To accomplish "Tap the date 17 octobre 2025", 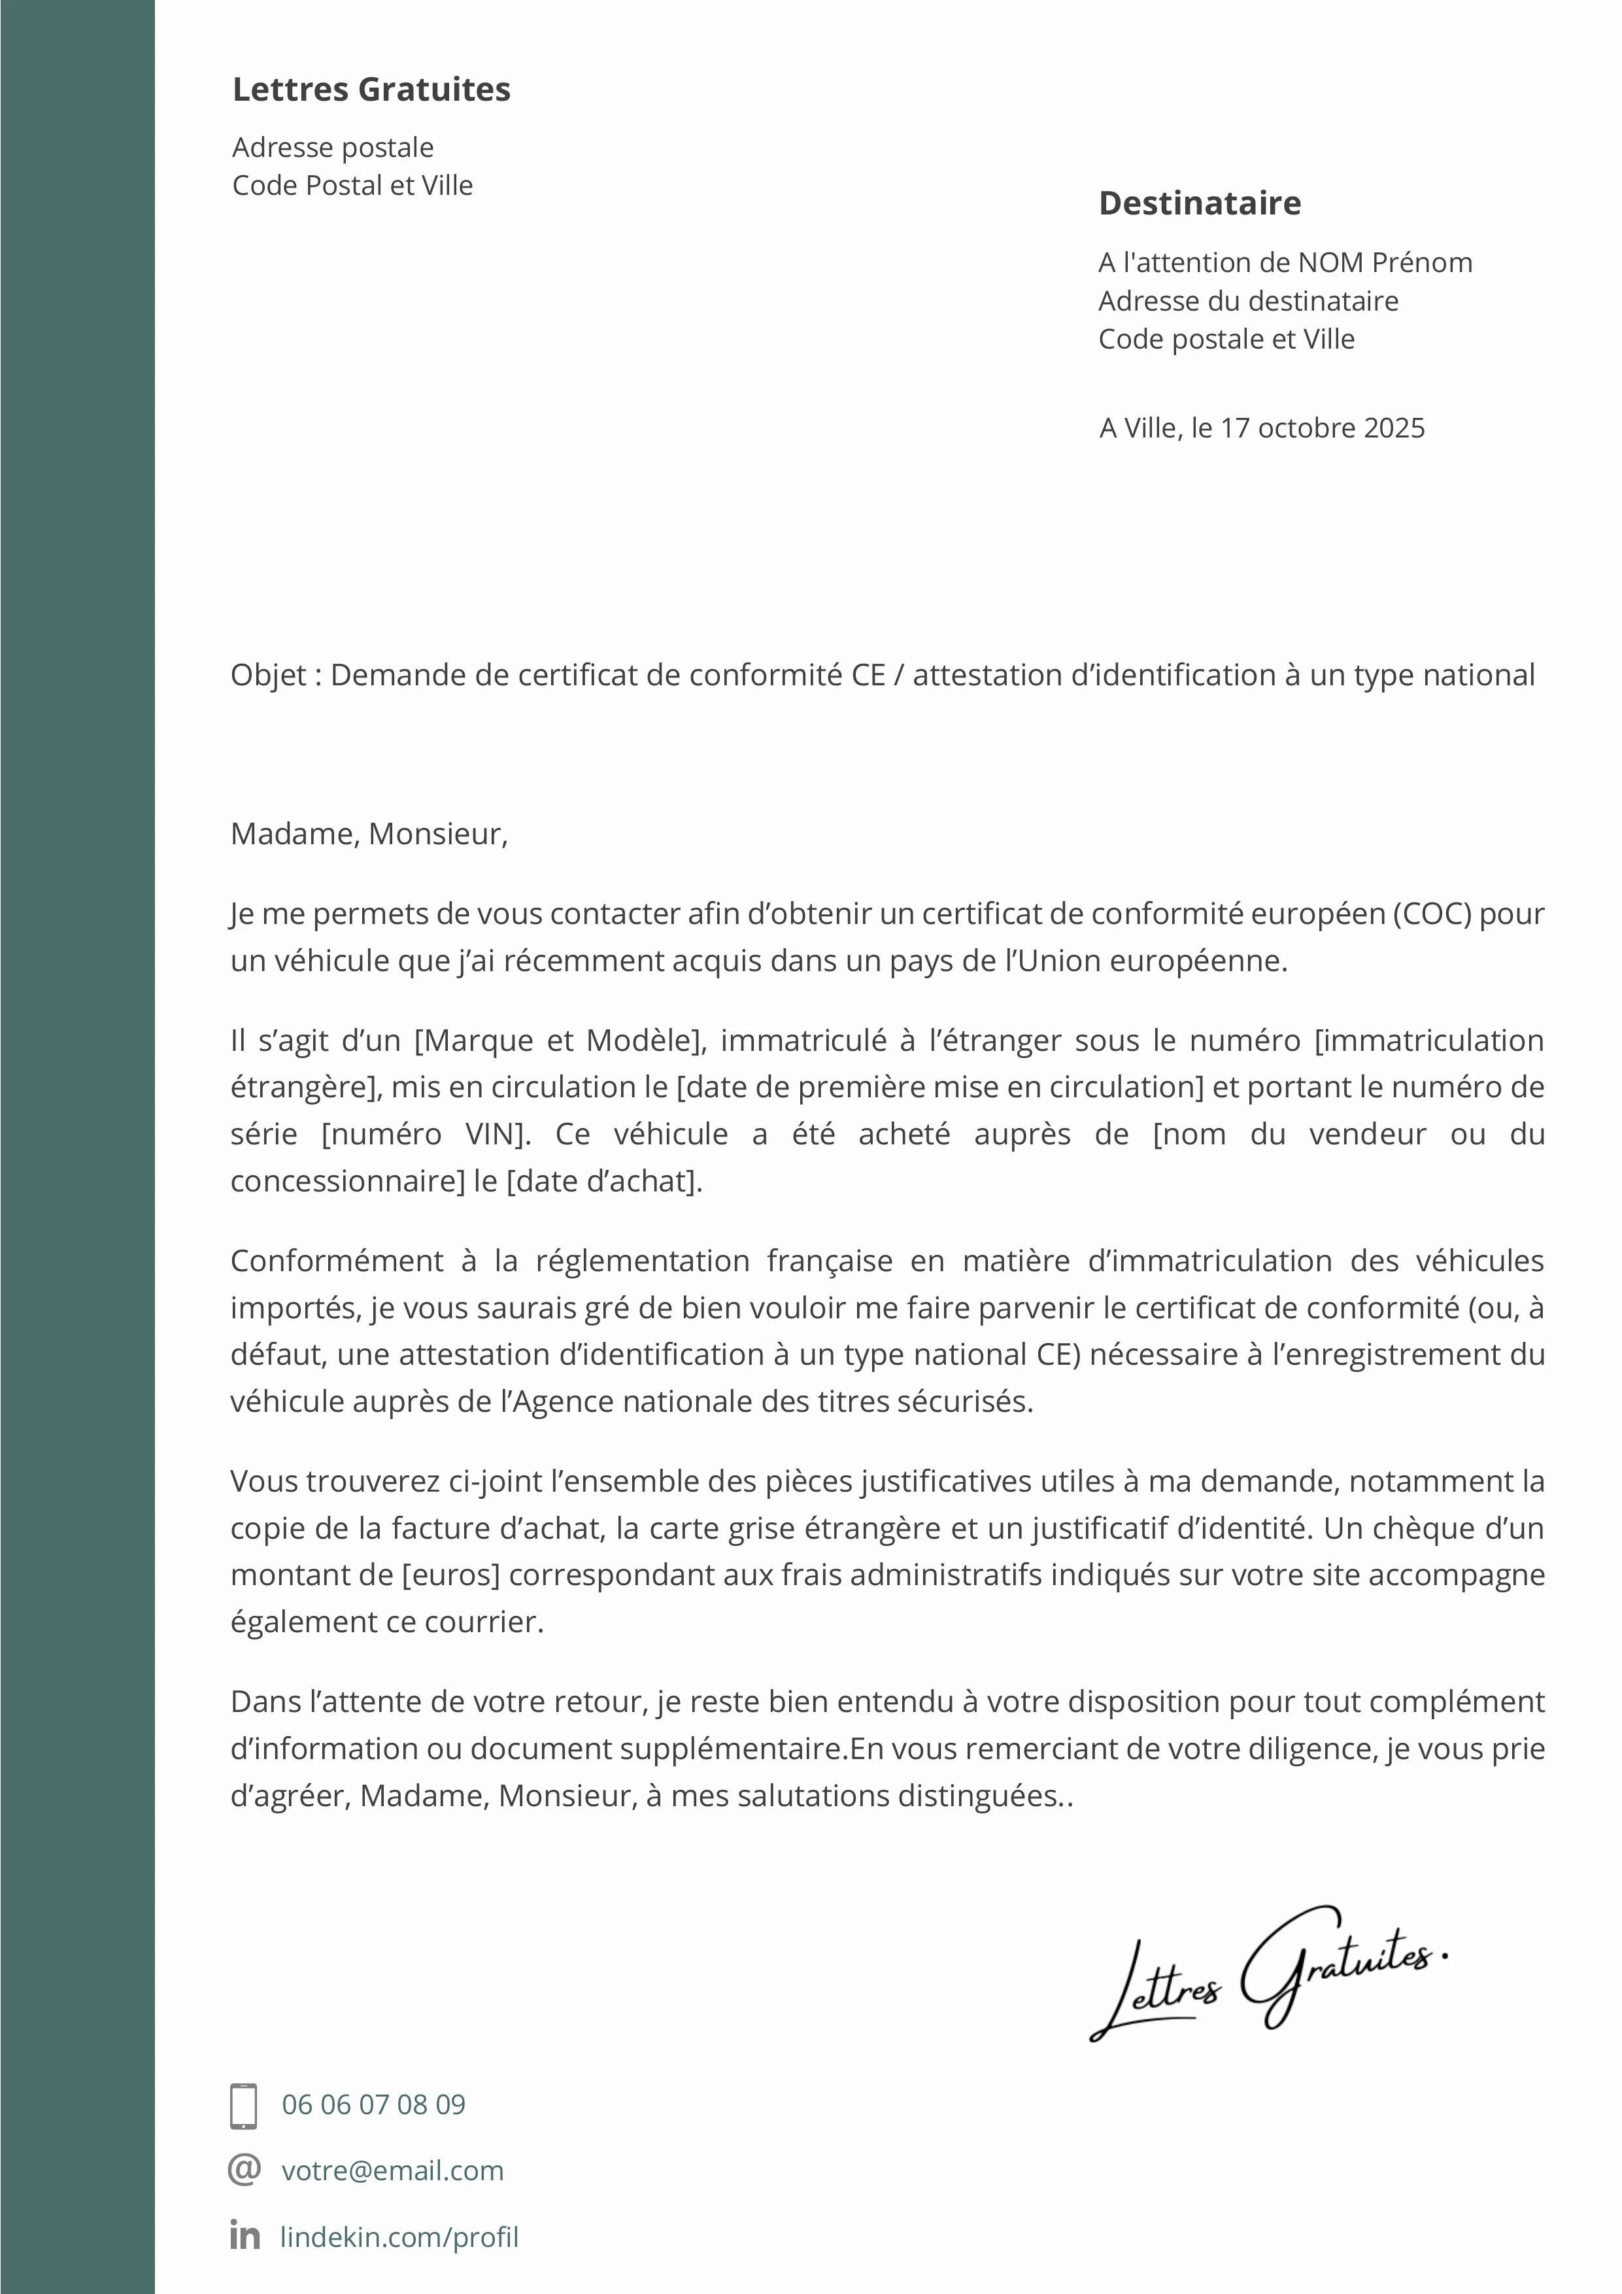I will [x=1323, y=428].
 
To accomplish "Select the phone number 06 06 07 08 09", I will [x=373, y=2105].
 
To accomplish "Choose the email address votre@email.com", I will [x=392, y=2171].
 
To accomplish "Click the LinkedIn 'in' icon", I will [x=244, y=2236].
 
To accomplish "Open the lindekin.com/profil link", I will [x=399, y=2237].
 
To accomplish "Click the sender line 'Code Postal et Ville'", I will [x=352, y=186].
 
